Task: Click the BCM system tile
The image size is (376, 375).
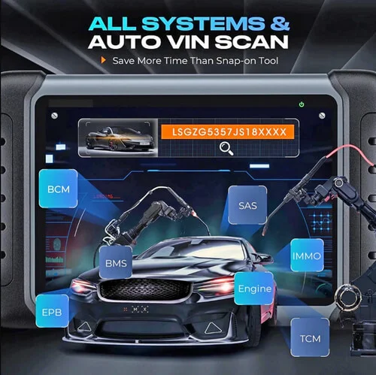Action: pos(59,189)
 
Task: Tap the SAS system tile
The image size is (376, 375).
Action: pos(247,205)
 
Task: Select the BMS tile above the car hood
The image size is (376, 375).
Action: pos(116,262)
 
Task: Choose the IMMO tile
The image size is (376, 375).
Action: pos(307,256)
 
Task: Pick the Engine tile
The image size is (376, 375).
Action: pos(254,289)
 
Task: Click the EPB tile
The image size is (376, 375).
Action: pos(52,311)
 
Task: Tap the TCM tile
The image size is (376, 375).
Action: pos(310,337)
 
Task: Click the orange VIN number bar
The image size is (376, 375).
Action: pos(228,132)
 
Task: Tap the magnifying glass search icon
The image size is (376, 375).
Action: pos(226,148)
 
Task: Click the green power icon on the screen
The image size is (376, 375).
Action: pos(302,104)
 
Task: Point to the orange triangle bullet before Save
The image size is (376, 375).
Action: pos(103,60)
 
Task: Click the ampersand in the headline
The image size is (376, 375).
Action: pos(280,23)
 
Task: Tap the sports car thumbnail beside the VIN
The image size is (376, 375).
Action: pos(118,138)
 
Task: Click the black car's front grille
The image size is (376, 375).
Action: pos(145,289)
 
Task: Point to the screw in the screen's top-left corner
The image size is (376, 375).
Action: pos(54,116)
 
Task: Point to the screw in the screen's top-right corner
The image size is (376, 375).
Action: pos(322,116)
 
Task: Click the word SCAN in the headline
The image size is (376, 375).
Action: pos(252,42)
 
